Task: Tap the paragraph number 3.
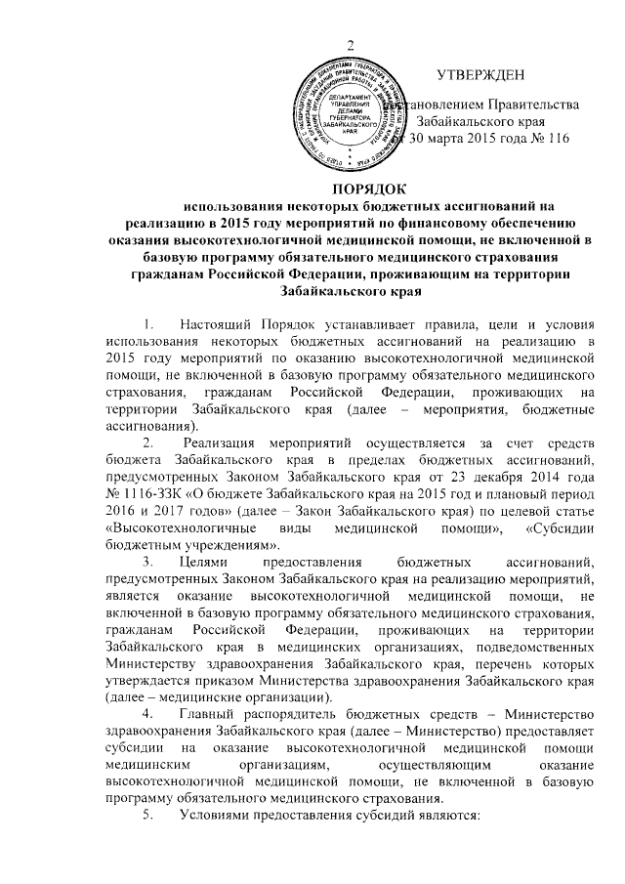(x=146, y=570)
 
